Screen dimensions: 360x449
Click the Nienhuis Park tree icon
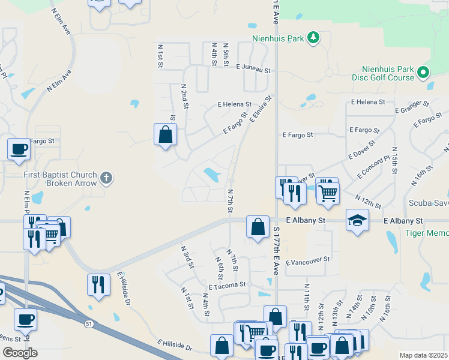(x=313, y=38)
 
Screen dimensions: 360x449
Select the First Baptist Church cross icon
(x=106, y=177)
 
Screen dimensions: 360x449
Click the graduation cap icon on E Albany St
(x=357, y=220)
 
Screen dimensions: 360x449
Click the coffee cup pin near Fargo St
(x=19, y=149)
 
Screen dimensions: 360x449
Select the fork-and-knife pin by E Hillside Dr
(x=98, y=284)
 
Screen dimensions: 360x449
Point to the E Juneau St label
(x=253, y=68)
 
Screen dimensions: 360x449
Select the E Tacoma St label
(x=228, y=286)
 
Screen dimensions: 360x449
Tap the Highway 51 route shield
(x=89, y=323)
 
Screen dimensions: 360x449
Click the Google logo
(x=20, y=353)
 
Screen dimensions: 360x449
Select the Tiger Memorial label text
(x=427, y=233)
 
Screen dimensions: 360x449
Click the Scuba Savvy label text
(x=429, y=203)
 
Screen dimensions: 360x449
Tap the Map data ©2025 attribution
(x=423, y=355)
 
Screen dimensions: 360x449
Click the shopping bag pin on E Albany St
(x=258, y=227)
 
